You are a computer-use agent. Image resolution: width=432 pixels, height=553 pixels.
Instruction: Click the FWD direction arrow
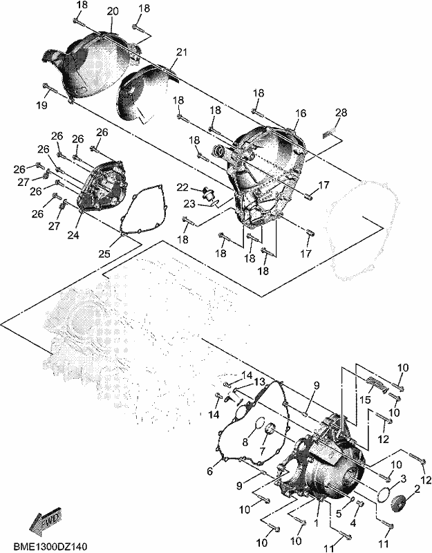[45, 518]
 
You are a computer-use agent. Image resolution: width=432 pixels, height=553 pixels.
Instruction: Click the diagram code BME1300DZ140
[50, 546]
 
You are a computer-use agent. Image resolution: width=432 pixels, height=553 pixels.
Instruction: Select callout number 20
[112, 11]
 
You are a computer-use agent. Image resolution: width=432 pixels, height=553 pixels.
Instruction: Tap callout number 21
[182, 53]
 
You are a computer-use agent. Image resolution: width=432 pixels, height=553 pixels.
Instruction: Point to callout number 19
[41, 105]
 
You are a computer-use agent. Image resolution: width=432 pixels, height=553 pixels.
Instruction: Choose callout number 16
[301, 113]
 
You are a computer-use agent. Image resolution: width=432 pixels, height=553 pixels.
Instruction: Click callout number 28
[341, 113]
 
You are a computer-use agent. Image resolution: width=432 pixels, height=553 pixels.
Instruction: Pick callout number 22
[182, 187]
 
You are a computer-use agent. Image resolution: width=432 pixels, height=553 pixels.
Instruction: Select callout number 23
[189, 203]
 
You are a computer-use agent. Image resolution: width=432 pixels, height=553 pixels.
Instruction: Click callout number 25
[104, 254]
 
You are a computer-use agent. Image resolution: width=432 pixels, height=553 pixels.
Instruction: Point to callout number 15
[365, 400]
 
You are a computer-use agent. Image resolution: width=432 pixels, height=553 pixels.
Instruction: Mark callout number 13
[259, 382]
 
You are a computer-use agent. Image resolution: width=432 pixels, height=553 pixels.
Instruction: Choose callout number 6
[210, 471]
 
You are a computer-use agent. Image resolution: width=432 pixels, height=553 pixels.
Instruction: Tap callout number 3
[404, 479]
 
